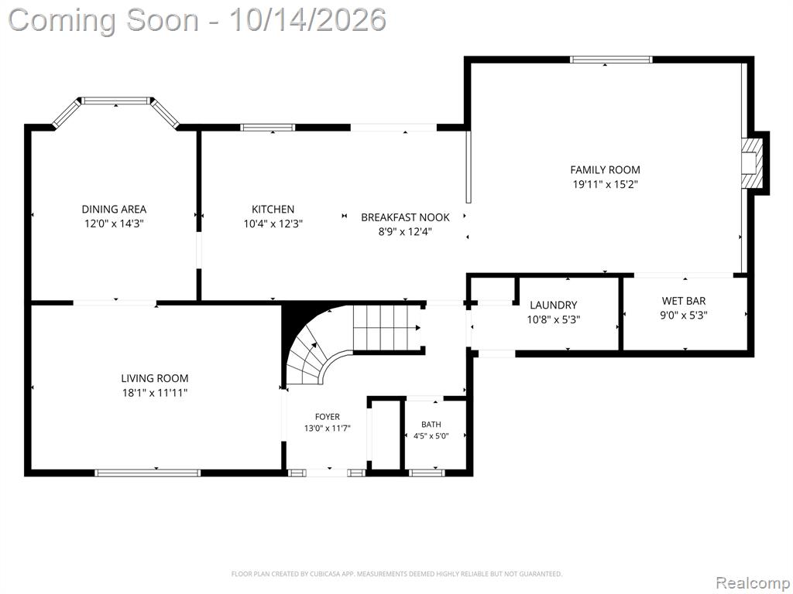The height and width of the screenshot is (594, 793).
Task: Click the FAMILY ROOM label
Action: point(605,169)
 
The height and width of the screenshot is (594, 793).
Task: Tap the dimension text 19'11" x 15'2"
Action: point(605,184)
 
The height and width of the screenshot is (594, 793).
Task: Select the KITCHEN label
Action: point(273,209)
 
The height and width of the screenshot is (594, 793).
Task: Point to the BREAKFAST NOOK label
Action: point(405,217)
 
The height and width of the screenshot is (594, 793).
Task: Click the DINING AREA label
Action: point(115,209)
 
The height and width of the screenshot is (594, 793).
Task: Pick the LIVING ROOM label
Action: point(155,378)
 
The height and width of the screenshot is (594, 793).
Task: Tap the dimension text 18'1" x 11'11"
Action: point(155,393)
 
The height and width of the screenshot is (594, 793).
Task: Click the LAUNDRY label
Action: point(553,305)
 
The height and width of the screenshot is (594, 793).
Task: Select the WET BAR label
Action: point(684,301)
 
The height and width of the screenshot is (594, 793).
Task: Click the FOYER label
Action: point(328,417)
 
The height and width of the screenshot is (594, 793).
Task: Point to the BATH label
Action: point(431,425)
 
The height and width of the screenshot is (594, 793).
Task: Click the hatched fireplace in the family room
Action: point(752,162)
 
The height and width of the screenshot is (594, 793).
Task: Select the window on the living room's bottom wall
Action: point(148,473)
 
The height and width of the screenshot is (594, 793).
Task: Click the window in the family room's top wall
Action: point(611,60)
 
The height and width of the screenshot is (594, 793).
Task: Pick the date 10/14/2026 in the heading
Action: point(308,20)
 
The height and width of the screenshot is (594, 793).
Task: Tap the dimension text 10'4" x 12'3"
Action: point(273,224)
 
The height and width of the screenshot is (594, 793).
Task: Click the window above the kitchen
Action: point(267,128)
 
